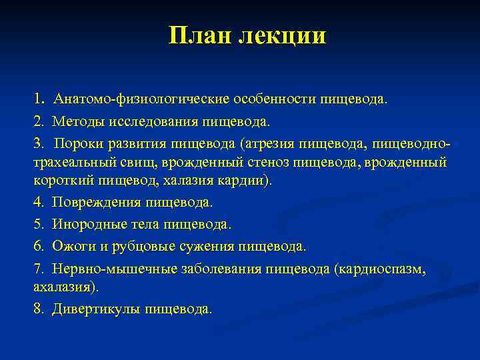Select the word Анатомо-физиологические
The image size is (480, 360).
(142, 99)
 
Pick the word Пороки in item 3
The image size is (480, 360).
(80, 143)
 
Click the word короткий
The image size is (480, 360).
(64, 181)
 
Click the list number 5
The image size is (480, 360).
(38, 225)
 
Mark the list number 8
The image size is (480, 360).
(38, 309)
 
